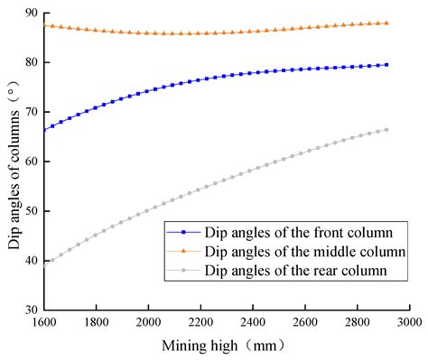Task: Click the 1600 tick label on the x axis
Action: [42, 322]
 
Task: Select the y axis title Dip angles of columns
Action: [11, 161]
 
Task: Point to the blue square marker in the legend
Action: [186, 233]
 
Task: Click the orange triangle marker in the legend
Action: [186, 250]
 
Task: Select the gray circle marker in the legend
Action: [186, 269]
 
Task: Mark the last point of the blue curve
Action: [386, 64]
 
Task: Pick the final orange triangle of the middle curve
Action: [386, 23]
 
